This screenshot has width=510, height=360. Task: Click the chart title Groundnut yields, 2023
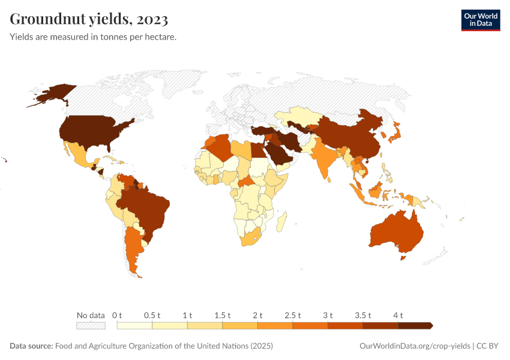point(89,20)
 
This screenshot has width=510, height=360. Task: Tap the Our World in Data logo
point(480,20)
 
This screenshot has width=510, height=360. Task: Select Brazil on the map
point(147,207)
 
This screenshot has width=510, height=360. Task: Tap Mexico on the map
point(81,155)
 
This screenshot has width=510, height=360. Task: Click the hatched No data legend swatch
point(91,326)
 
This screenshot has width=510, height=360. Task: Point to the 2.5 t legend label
point(293,315)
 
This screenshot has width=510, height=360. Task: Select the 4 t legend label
point(398,315)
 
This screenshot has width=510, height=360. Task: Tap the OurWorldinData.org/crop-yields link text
point(415,346)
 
